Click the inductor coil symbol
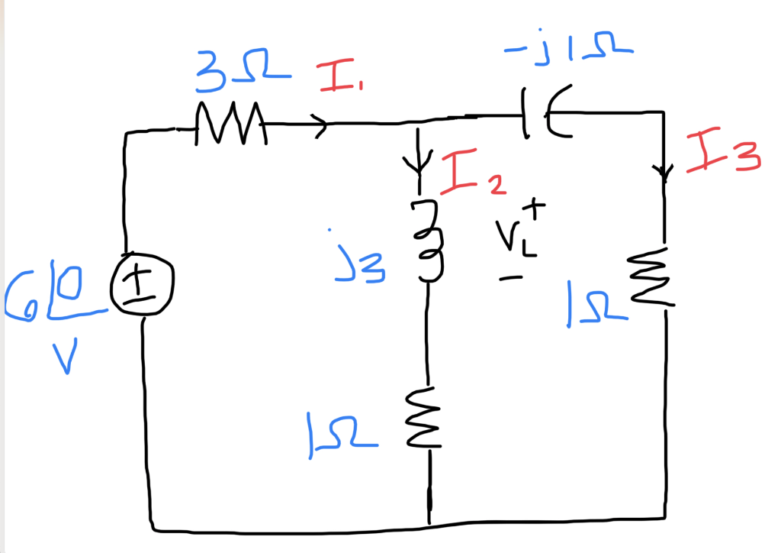[429, 239]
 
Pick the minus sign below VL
[510, 278]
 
